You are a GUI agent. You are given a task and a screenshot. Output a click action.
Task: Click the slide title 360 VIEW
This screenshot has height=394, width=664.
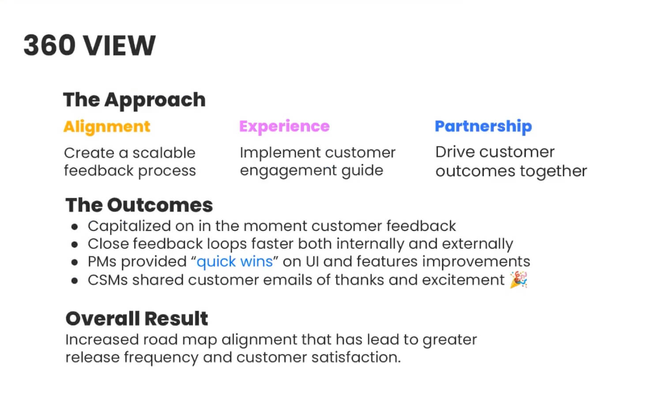[x=89, y=45]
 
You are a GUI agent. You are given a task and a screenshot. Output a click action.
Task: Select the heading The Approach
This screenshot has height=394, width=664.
[x=134, y=100]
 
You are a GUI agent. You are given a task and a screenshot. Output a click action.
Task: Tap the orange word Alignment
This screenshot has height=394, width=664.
[x=107, y=126]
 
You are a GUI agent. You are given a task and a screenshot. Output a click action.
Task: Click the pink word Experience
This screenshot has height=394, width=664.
[x=284, y=126]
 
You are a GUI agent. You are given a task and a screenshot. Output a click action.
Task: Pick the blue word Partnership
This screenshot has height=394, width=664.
[x=483, y=126]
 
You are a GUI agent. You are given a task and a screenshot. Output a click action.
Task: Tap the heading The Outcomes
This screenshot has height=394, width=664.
[x=139, y=205]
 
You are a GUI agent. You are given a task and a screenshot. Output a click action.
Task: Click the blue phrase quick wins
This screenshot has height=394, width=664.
[x=234, y=262]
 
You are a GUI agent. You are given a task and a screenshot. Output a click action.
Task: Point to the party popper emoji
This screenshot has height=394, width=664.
[x=519, y=279]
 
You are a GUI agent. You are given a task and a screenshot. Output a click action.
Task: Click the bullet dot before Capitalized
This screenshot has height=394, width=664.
[x=75, y=227]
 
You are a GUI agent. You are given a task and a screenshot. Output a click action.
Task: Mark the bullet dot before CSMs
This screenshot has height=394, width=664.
[x=75, y=281]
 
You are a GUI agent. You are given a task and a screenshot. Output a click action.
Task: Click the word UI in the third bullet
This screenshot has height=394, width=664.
[x=312, y=262]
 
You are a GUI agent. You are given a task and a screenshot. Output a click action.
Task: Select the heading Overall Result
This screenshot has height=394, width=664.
[x=136, y=319]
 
